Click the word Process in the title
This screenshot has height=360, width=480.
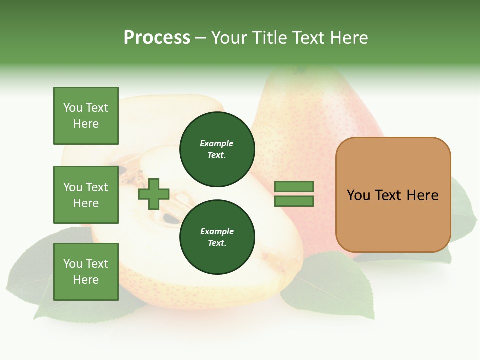[x=157, y=38]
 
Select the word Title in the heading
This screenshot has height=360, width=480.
[x=268, y=38]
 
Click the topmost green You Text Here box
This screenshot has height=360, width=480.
[x=86, y=116]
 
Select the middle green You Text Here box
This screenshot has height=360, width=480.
[x=86, y=195]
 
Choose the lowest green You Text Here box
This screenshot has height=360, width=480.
[x=86, y=272]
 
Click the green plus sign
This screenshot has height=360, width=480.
[x=154, y=194]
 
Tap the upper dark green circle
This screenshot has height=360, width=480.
[x=217, y=149]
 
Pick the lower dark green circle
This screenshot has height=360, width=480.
[x=217, y=237]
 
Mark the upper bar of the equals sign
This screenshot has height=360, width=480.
[x=294, y=186]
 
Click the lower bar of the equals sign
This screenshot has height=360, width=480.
[x=294, y=201]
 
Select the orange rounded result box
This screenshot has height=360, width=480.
[x=393, y=220]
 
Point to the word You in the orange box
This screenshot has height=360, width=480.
[x=359, y=195]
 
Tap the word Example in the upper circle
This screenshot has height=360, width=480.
[x=216, y=143]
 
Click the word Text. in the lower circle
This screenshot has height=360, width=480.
[x=217, y=243]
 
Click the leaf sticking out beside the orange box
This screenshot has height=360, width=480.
[x=462, y=210]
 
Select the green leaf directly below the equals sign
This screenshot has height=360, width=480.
[x=330, y=285]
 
